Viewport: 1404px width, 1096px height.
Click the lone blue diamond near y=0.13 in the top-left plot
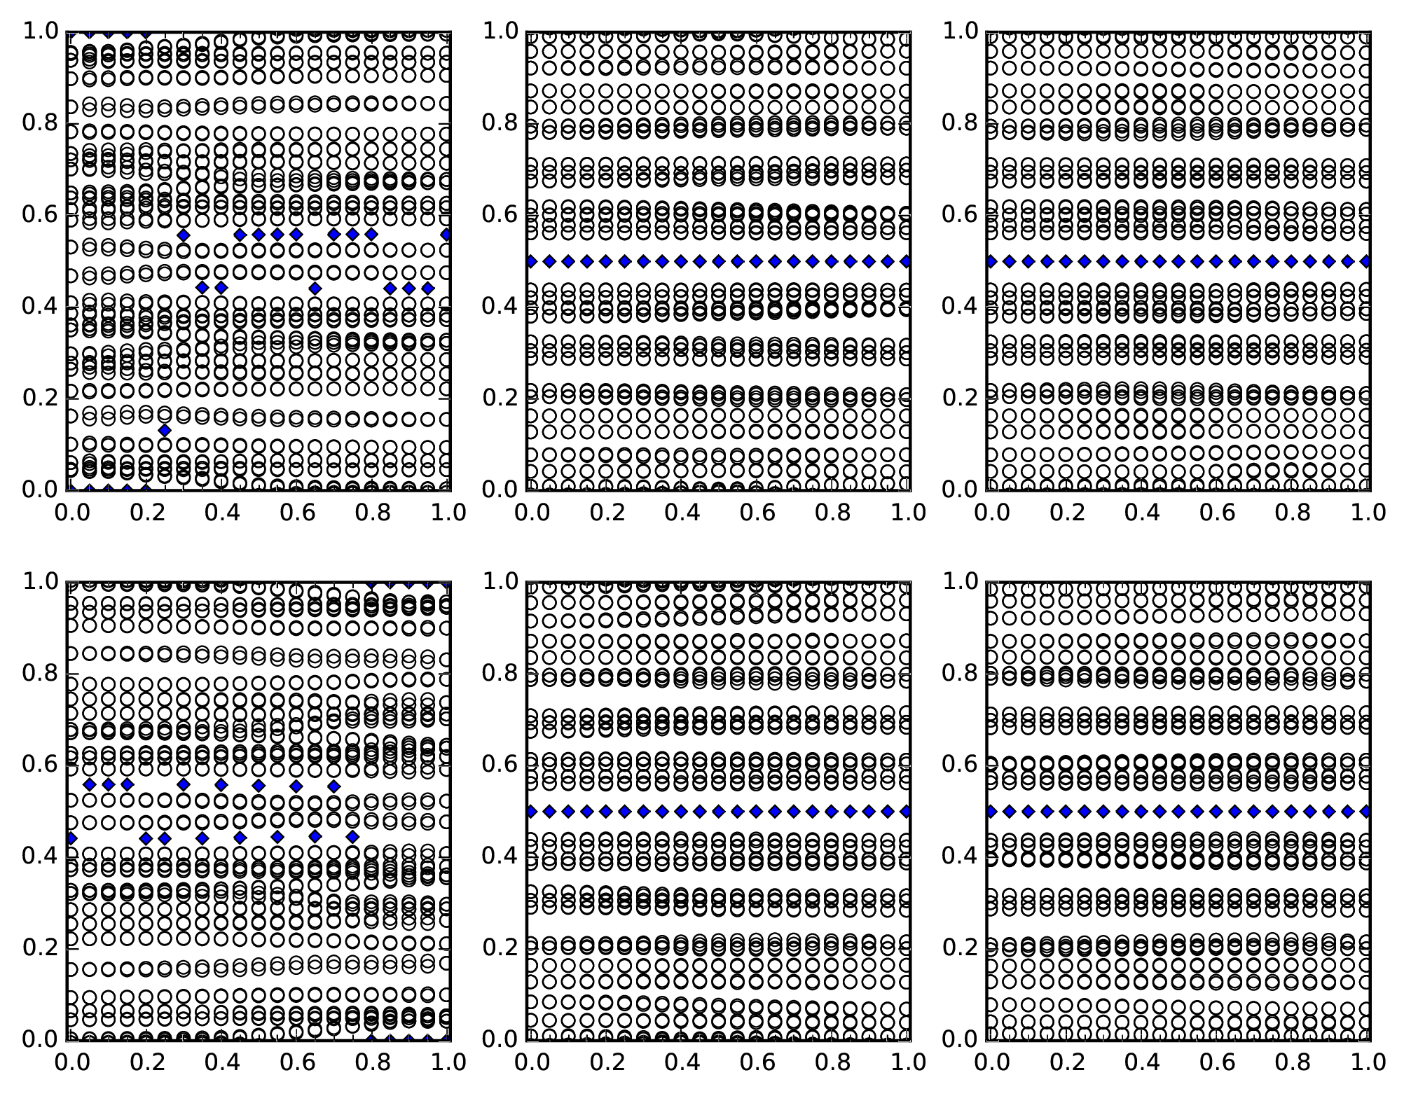pos(165,429)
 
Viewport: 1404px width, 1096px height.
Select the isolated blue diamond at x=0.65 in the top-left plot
pos(315,288)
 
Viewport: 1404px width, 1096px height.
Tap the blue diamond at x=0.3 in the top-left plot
pos(184,235)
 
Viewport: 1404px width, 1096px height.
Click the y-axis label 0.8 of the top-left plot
pos(39,123)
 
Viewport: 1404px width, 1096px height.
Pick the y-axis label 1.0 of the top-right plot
pos(958,32)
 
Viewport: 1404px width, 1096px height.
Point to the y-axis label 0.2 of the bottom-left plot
pos(39,948)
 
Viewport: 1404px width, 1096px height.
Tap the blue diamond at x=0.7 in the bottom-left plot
pos(334,786)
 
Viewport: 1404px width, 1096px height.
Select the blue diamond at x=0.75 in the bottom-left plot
pos(353,837)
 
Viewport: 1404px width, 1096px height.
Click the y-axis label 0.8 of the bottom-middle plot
pos(498,673)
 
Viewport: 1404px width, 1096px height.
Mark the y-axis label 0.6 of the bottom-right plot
pos(958,764)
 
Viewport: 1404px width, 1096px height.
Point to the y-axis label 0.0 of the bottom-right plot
pos(958,1039)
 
